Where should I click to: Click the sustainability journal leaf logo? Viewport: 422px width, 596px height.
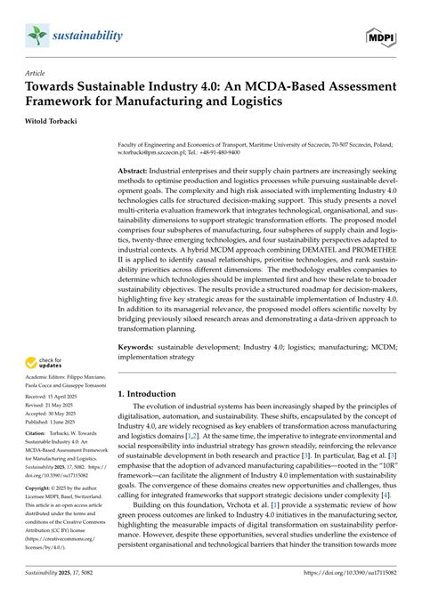(x=35, y=35)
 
